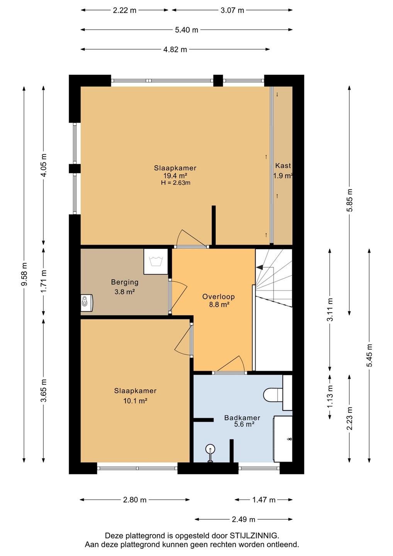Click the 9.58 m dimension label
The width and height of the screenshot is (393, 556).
(x=24, y=274)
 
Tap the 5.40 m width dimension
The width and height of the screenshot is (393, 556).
(x=186, y=30)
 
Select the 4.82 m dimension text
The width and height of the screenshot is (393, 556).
(x=175, y=49)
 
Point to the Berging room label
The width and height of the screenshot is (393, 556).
(x=125, y=282)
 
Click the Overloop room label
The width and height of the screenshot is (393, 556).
(x=219, y=297)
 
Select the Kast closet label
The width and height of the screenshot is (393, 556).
(x=283, y=166)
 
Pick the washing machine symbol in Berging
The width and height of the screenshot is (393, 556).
(x=156, y=261)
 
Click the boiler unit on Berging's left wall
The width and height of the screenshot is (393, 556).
(x=86, y=303)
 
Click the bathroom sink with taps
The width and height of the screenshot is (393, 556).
(x=283, y=439)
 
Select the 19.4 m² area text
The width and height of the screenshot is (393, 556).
(x=175, y=176)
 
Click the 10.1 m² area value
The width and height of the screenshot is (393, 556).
(x=136, y=401)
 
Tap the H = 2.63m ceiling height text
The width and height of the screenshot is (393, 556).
(x=176, y=183)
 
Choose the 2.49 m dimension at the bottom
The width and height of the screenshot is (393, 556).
(x=243, y=519)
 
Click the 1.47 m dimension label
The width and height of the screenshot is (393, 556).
(x=264, y=500)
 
